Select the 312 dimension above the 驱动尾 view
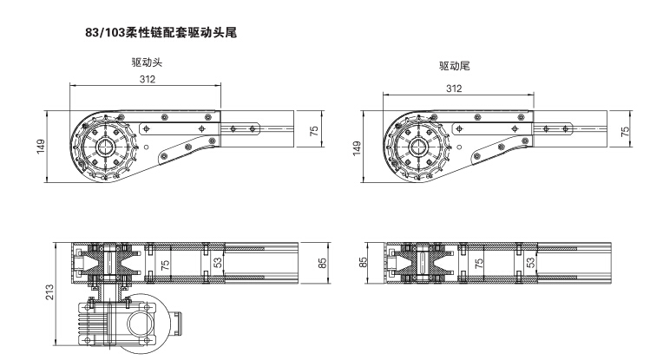click(454, 88)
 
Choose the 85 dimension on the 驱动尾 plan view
click(364, 259)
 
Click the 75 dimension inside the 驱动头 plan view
click(163, 260)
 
